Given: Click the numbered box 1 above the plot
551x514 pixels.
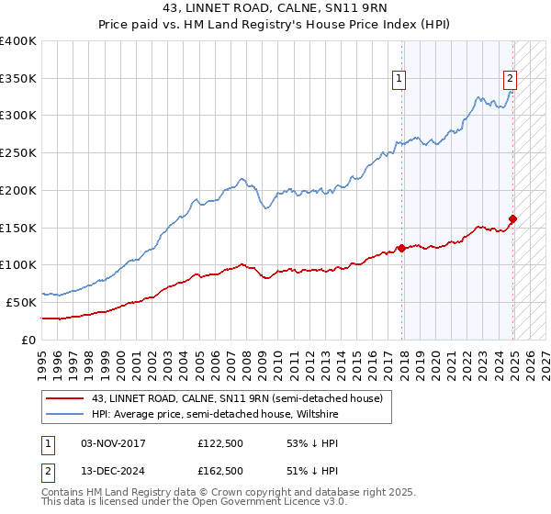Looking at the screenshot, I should coord(400,80).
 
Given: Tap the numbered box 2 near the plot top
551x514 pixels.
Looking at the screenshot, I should coord(511,79).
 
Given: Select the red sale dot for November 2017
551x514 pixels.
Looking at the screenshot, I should coord(401,248).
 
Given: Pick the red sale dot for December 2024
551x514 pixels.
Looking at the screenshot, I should coord(512,218).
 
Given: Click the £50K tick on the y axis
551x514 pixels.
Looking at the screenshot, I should coord(22,302).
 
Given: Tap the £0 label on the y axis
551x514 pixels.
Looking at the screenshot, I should coord(29,340).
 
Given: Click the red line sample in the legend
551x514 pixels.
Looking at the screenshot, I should coord(65,397).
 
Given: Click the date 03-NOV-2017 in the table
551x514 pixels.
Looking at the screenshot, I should coord(114,443).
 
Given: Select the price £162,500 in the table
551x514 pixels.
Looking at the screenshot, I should coord(220,471).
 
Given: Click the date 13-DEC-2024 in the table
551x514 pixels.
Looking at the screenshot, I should coord(114,471).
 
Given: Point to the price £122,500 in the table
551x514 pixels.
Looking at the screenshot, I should coord(220,443).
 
